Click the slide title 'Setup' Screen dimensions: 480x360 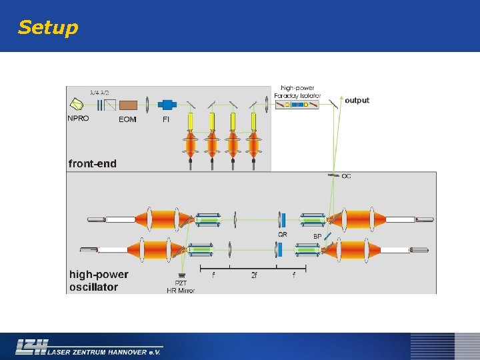coord(48,27)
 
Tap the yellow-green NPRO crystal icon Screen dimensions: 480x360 coord(77,104)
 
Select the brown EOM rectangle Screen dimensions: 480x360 coord(128,105)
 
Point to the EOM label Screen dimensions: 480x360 coord(127,119)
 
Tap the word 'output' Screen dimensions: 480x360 coord(357,101)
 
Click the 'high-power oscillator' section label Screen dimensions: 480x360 coord(99,281)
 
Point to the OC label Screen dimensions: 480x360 coord(347,176)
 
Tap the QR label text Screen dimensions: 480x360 coord(283,234)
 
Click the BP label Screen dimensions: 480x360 coord(317,236)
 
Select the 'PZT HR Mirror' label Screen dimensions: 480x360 coord(181,287)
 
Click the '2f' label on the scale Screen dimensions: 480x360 coord(254,275)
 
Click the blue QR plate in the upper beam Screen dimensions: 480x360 coord(283,219)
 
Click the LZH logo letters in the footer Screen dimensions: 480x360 coord(31,347)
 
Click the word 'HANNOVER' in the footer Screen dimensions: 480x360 coord(123,349)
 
